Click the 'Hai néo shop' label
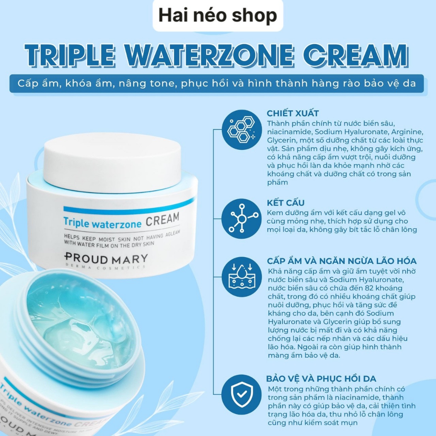pos(218,16)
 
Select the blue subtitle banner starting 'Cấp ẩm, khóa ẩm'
pos(217,83)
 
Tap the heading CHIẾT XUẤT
pos(293,113)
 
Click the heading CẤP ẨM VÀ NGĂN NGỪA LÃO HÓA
pos(341,261)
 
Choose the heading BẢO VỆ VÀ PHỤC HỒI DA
pos(321,379)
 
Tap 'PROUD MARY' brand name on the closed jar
pos(106,258)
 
